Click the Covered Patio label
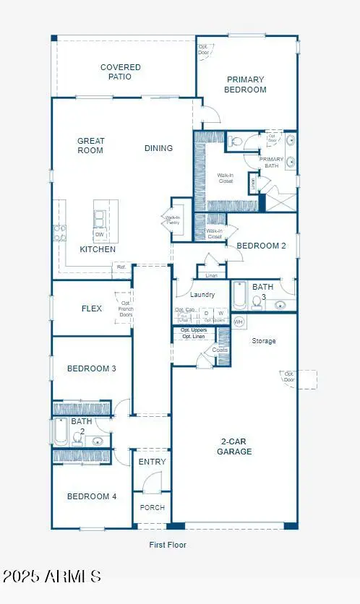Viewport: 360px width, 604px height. tap(121, 72)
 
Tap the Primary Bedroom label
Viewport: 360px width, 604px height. tap(246, 85)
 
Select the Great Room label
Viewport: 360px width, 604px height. tap(91, 145)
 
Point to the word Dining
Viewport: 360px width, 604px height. tap(158, 148)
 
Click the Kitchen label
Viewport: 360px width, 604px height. tap(98, 249)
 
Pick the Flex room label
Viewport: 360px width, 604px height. tap(91, 309)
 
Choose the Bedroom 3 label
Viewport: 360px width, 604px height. tap(92, 368)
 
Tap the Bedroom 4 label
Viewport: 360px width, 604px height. tap(92, 496)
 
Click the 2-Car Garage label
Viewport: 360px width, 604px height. tap(235, 446)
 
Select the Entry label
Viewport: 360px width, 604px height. tap(152, 462)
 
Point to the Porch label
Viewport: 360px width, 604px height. tap(152, 507)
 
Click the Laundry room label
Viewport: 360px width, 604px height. tap(202, 295)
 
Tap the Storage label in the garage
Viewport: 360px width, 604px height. tap(263, 341)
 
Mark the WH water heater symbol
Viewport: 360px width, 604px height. tap(239, 321)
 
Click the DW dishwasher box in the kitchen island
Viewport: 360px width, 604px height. tap(98, 235)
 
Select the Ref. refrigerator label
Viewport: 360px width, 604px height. tap(121, 267)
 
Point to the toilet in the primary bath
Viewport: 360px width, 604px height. tap(236, 142)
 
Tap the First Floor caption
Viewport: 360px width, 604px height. tap(168, 545)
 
